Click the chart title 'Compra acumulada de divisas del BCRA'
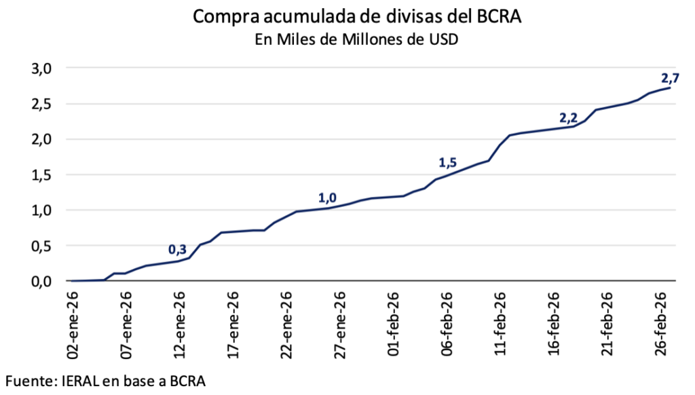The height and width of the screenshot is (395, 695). (356, 17)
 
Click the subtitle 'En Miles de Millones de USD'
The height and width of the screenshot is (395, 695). (356, 39)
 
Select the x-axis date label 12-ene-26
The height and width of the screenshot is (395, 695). (180, 324)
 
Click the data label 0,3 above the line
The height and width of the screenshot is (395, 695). (179, 249)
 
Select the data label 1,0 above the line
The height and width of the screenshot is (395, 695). (327, 198)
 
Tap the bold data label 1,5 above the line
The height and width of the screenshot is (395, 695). (448, 163)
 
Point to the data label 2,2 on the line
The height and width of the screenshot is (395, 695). (568, 118)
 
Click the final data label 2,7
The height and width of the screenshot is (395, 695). (670, 76)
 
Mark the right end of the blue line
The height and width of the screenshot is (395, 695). (671, 88)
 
